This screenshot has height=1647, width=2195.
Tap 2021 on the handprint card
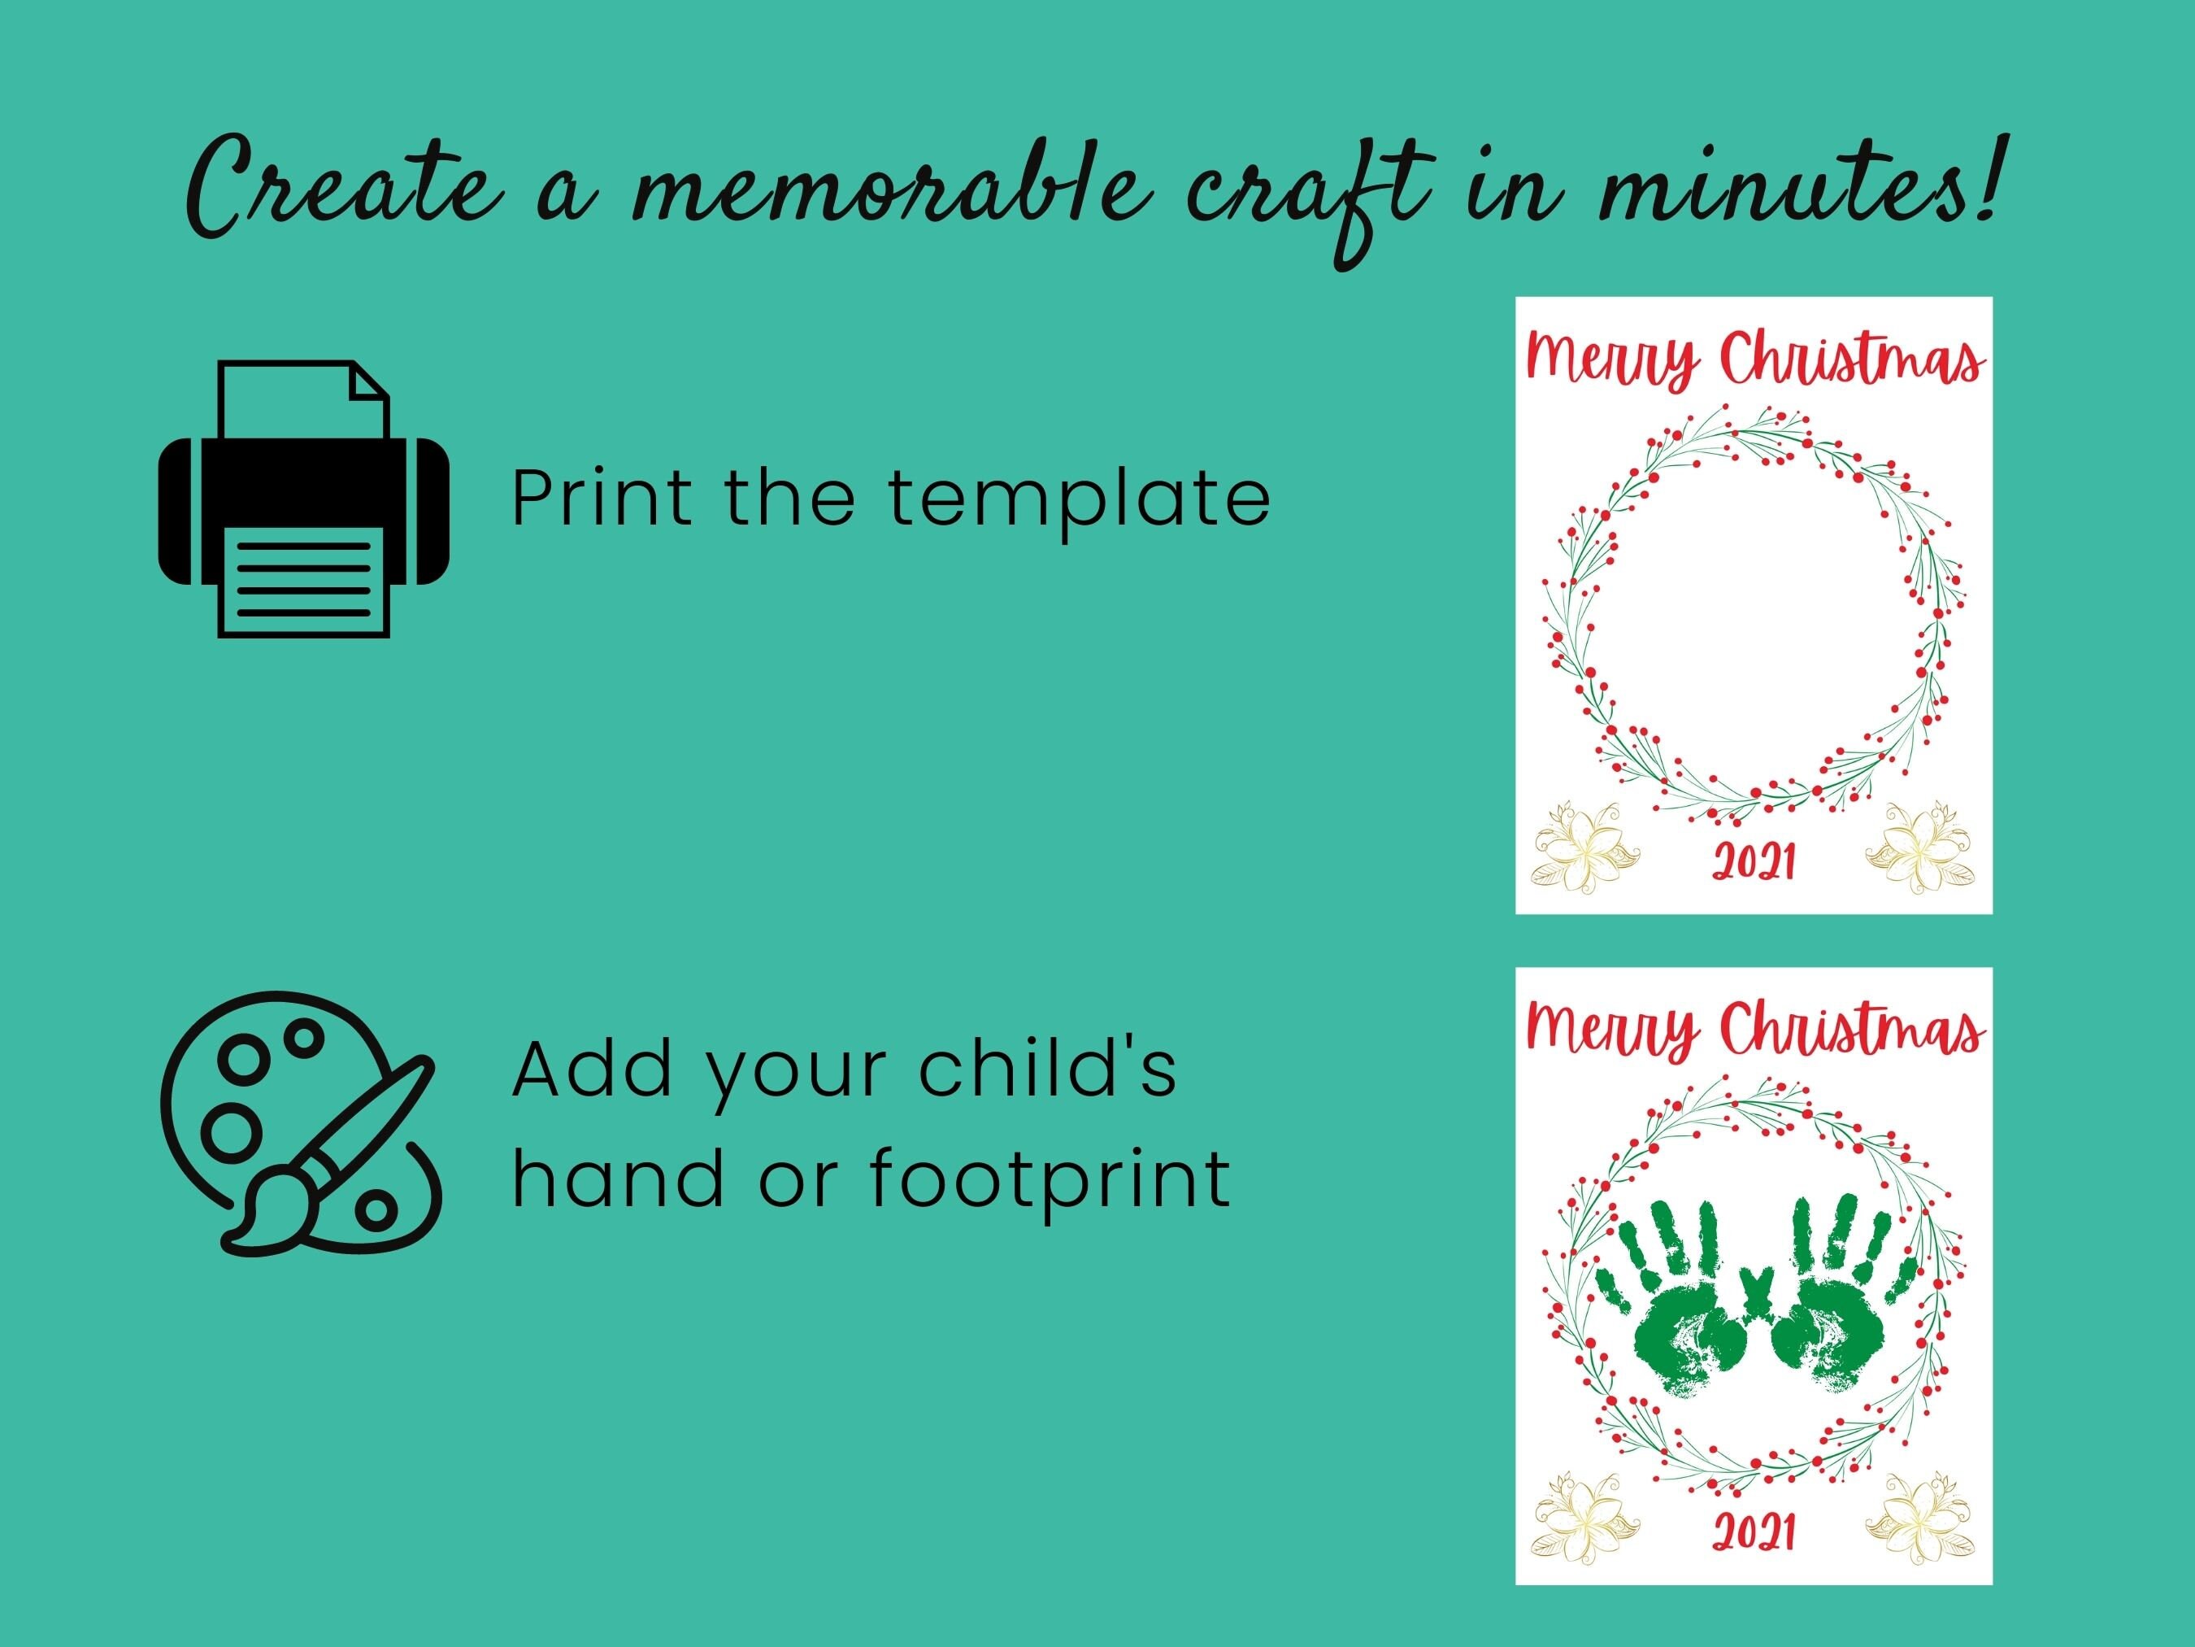[1754, 1532]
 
